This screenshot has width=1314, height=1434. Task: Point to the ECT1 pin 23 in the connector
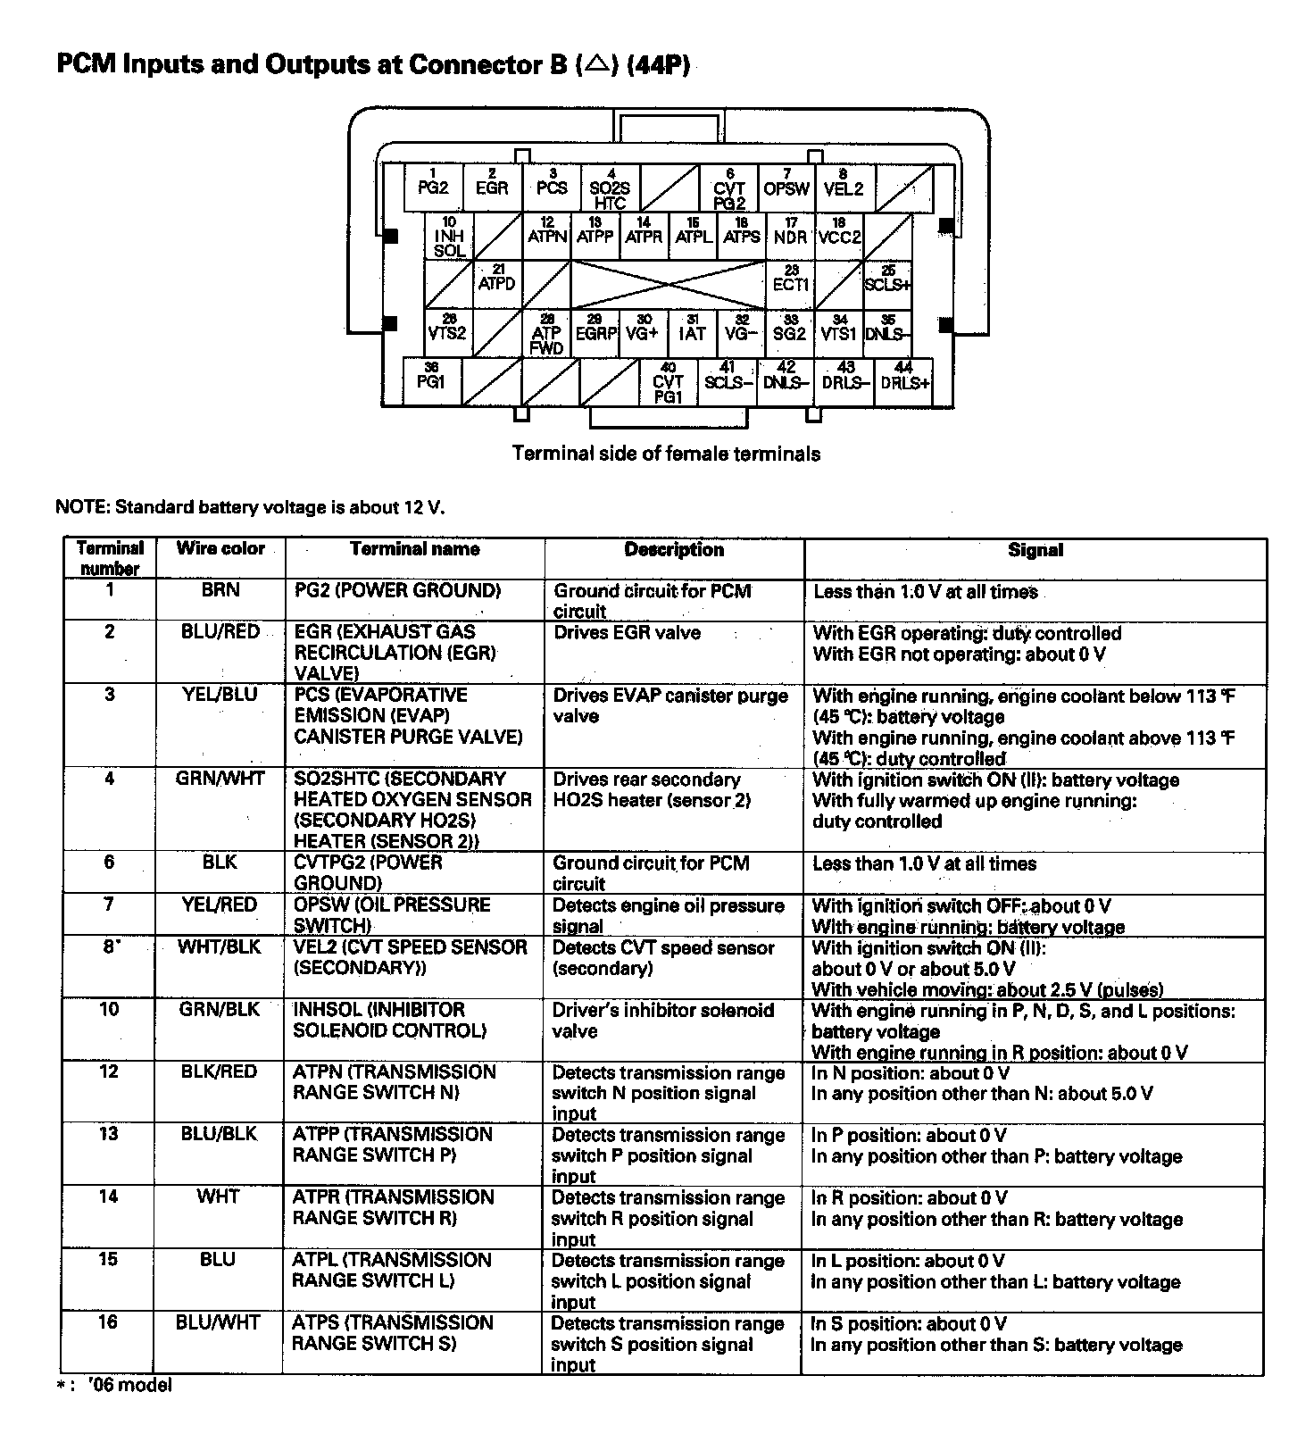coord(790,283)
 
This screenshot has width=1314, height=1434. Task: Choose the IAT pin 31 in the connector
coord(692,332)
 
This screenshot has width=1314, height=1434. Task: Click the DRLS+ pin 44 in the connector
coord(904,381)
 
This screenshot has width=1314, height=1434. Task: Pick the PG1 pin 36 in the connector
coord(431,381)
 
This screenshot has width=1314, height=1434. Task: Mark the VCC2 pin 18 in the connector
coord(839,235)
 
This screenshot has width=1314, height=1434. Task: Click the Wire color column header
coord(220,548)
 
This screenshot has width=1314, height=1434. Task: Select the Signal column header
coord(1035,550)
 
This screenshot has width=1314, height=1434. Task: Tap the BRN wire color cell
coord(220,590)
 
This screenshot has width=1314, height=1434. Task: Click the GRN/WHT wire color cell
coord(220,779)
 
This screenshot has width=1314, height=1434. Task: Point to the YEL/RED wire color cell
coord(220,905)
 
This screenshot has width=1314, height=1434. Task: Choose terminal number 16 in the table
coord(108,1322)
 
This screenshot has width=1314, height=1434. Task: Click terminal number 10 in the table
coord(108,1009)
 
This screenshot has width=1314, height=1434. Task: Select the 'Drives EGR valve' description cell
coord(628,633)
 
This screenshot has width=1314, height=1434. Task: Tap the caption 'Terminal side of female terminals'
coord(666,454)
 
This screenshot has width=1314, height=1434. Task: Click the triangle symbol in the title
coord(598,63)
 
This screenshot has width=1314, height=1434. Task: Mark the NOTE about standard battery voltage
coord(250,507)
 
